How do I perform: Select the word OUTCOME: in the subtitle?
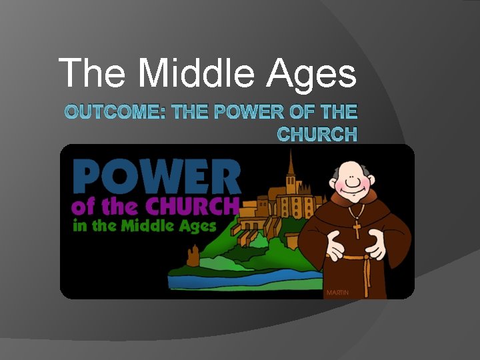[116, 111]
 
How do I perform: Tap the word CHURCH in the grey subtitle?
[317, 134]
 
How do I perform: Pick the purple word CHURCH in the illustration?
[193, 206]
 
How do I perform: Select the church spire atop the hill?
[290, 160]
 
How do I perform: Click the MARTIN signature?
[337, 293]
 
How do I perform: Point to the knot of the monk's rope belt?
[365, 258]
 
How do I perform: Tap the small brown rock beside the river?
[194, 255]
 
